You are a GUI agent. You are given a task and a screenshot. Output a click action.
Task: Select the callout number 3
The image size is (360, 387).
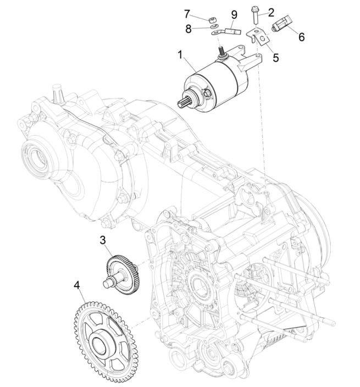coord(103,240)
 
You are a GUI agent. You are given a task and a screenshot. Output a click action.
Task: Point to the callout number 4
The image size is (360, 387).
coord(77,285)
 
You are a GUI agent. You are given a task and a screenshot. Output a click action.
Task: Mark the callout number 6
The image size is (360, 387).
coord(301,37)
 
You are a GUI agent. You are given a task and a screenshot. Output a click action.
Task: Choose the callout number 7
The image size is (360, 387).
coord(186,13)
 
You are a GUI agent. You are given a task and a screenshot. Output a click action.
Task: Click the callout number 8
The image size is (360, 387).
coord(188,29)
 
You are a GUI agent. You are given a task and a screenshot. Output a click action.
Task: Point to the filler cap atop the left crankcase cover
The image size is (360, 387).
coord(55,92)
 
